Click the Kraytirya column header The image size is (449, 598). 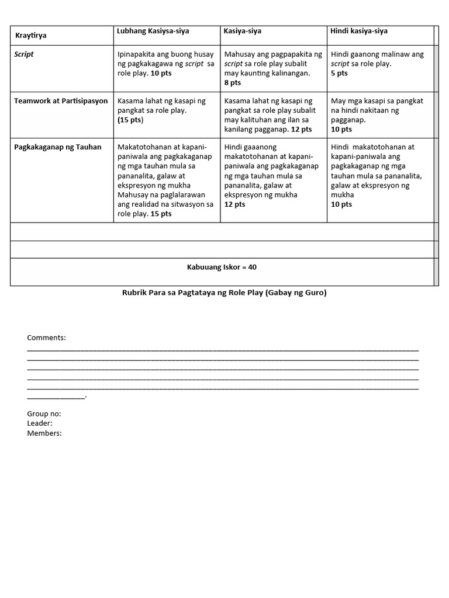(30, 36)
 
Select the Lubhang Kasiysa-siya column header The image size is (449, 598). (153, 31)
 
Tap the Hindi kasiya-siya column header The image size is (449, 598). (358, 31)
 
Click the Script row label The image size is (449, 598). (24, 54)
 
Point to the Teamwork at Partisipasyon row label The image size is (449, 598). (61, 101)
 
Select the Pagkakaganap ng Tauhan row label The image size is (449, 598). (57, 147)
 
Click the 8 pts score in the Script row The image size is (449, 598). (233, 83)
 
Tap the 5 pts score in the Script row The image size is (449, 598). (339, 74)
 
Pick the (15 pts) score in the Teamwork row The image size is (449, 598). (130, 120)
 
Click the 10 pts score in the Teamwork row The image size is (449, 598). (341, 129)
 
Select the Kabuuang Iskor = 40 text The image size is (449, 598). (222, 267)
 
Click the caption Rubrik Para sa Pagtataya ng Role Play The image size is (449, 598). (224, 293)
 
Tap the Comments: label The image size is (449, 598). (46, 338)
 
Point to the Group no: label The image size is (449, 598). (44, 414)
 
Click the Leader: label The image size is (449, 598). (40, 423)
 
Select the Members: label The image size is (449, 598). (44, 433)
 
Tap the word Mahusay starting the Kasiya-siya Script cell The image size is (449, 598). (239, 54)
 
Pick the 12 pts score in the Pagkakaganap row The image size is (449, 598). (235, 204)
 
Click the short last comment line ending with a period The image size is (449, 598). (56, 396)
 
